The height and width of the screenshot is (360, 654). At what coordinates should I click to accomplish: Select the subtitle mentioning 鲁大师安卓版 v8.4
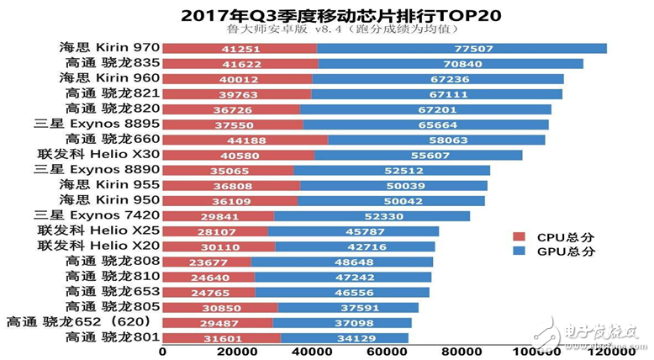click(326, 32)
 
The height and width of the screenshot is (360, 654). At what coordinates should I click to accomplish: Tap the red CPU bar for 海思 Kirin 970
click(240, 49)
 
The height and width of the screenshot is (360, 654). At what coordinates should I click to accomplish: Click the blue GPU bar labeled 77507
click(461, 49)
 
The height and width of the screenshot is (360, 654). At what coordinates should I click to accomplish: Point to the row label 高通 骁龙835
click(111, 63)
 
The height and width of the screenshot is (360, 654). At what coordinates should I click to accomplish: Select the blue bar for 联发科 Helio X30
click(418, 155)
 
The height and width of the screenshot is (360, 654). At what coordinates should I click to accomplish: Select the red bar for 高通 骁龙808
click(207, 262)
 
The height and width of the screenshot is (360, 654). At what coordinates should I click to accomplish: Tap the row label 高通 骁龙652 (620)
click(78, 322)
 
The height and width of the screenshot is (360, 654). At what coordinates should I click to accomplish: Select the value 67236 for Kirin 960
click(437, 78)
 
